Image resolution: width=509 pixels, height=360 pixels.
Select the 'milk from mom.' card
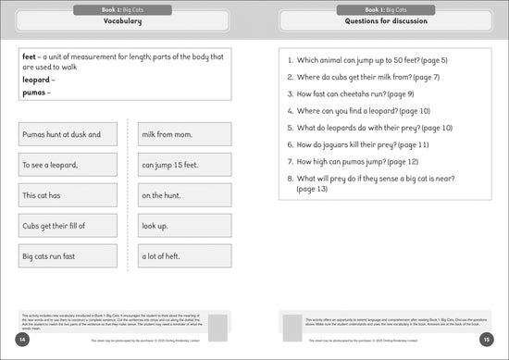point(185,135)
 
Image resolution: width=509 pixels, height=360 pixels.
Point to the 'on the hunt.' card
point(185,195)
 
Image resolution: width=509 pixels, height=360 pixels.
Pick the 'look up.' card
point(185,225)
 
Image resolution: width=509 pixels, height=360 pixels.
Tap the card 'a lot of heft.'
point(185,255)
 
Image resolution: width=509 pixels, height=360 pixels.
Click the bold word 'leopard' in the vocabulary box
point(36,80)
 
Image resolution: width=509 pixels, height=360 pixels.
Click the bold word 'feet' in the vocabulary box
point(29,56)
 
